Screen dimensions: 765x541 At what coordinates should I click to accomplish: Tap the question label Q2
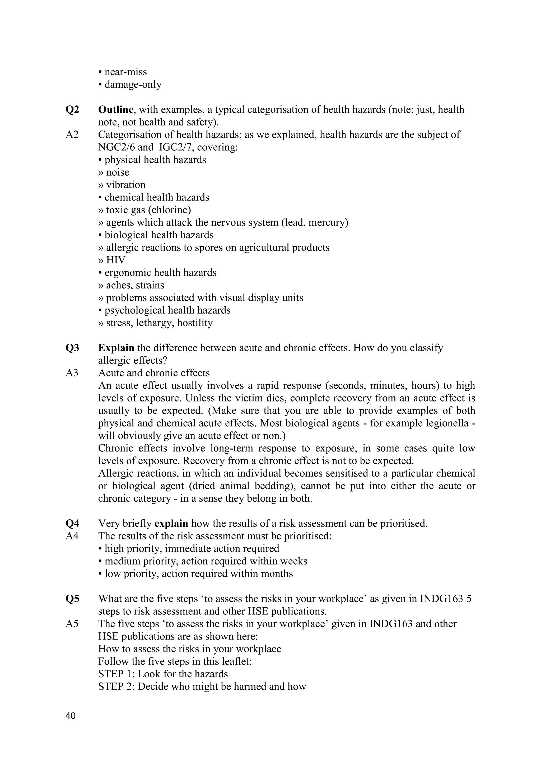[72, 109]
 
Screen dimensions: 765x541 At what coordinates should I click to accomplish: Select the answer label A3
[72, 372]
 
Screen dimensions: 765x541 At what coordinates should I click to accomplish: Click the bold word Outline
[116, 109]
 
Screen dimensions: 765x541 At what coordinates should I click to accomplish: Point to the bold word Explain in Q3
[116, 348]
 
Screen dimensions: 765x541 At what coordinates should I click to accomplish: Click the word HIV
[116, 260]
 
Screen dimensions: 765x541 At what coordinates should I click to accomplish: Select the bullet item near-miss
[125, 72]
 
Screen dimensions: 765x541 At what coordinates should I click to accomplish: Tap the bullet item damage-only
[133, 84]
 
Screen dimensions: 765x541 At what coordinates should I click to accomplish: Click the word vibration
[125, 185]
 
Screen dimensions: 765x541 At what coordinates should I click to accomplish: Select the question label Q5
[72, 599]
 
